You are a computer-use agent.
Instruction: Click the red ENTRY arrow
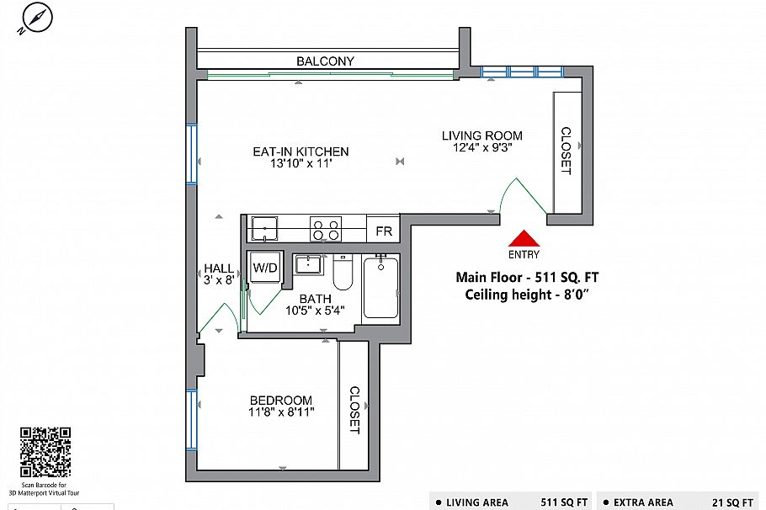[x=523, y=238]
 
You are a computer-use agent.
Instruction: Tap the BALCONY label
[x=325, y=61]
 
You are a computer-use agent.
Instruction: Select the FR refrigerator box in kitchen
[x=384, y=230]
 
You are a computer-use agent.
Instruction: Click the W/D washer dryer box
[x=266, y=268]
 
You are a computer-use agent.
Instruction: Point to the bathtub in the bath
[x=380, y=287]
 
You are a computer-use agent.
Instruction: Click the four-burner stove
[x=326, y=229]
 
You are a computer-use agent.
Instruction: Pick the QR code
[x=45, y=452]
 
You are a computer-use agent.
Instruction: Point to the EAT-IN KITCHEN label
[x=301, y=151]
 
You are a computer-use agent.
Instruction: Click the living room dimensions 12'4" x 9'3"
[x=482, y=148]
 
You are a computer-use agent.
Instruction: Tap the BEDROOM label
[x=280, y=401]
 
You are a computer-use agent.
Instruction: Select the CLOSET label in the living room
[x=565, y=151]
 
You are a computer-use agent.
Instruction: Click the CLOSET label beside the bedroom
[x=354, y=410]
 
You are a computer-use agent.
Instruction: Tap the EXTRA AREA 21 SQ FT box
[x=680, y=502]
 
